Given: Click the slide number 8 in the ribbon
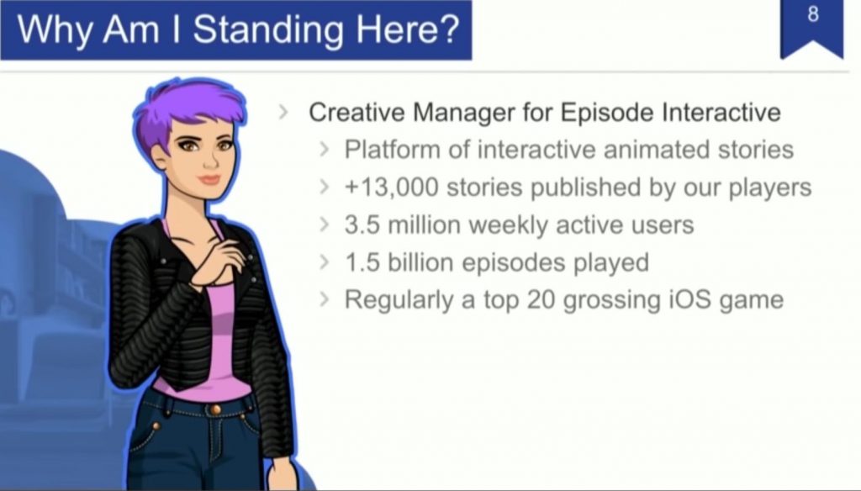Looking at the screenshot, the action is pos(813,15).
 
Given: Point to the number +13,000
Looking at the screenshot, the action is pos(392,187).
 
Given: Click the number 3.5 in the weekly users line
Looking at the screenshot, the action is pos(362,224).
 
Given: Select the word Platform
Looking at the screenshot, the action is pos(392,150).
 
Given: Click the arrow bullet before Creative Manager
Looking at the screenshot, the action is pos(283,112).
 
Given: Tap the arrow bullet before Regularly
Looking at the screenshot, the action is pos(325,299).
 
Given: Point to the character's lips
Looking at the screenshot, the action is pos(209,180).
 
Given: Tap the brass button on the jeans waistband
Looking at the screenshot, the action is pos(215,409).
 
